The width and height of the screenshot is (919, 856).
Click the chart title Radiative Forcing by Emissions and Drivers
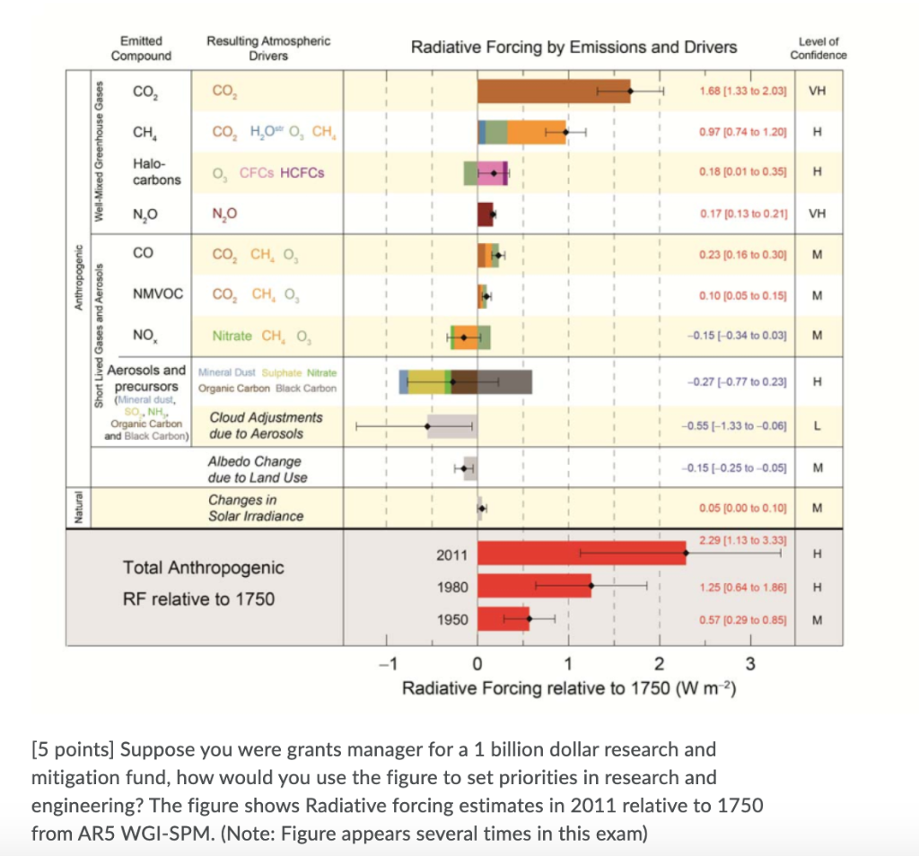[x=573, y=48]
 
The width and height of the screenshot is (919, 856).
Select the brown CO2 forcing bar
[x=553, y=91]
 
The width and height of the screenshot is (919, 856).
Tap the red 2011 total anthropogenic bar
[x=581, y=554]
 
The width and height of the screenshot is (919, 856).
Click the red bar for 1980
[x=533, y=586]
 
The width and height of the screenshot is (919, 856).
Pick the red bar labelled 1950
[x=503, y=618]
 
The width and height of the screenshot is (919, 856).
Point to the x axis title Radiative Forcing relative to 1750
[x=570, y=688]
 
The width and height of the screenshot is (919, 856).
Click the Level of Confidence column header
[x=818, y=48]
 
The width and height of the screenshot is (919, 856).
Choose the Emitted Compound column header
[x=141, y=48]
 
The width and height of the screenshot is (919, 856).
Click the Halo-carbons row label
[x=156, y=171]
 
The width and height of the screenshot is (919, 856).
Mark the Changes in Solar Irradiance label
[x=255, y=508]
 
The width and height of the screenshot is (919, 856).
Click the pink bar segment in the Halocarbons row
[x=493, y=172]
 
